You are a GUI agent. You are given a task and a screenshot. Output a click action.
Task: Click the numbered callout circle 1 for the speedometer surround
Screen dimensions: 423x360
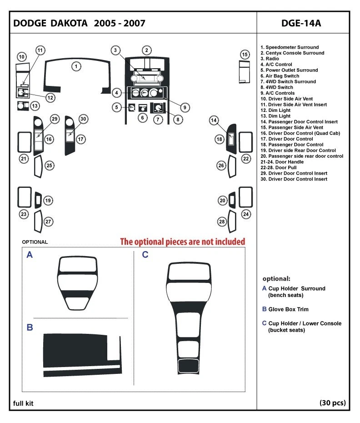(77, 66)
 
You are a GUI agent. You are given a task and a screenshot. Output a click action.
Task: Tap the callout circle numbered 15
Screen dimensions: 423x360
(245, 55)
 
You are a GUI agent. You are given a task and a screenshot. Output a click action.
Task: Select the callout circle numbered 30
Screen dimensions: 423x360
(83, 119)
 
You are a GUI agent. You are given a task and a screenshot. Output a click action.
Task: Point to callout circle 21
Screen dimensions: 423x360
(24, 158)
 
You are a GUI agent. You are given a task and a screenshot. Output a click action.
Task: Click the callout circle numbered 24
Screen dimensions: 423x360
(246, 214)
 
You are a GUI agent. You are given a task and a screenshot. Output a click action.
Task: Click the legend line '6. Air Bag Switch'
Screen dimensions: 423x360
(280, 76)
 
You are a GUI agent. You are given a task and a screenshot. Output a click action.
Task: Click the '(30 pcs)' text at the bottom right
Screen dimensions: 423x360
(332, 403)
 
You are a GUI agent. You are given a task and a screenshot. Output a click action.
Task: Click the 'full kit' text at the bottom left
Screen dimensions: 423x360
(23, 403)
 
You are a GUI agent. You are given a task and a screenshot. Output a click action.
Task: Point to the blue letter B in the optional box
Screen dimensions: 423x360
(30, 327)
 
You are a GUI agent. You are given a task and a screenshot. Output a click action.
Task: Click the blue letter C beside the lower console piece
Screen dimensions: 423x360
(145, 255)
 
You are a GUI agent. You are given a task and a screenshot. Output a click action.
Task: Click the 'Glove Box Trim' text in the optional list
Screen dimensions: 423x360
(288, 309)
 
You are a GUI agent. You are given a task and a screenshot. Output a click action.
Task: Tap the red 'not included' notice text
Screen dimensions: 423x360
(182, 241)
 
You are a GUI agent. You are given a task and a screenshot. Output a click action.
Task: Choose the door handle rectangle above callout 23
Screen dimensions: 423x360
(24, 196)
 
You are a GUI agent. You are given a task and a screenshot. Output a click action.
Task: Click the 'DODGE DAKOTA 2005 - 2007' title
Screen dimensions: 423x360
(80, 23)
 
